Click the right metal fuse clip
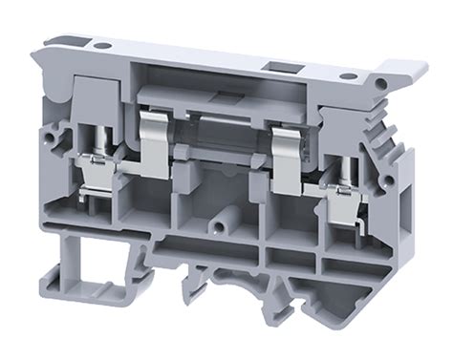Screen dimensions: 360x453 284,154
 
